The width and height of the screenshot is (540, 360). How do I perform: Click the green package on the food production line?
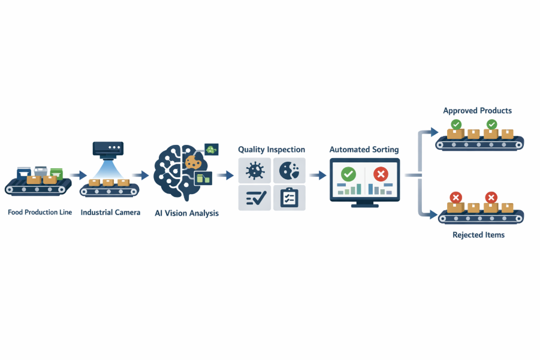point(57,172)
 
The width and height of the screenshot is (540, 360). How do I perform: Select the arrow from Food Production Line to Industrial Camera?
point(77,176)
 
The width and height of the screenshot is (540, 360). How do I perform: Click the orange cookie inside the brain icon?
point(193,162)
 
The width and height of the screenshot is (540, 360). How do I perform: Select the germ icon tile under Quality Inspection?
point(255,171)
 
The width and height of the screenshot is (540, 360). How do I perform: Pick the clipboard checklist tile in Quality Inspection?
point(289,198)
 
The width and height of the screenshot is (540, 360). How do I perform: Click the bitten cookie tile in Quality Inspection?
point(289,171)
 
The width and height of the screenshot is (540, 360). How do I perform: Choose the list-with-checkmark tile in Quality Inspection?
point(255,198)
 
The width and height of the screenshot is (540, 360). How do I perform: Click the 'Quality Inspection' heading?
point(271,149)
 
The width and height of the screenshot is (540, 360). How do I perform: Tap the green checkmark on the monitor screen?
point(348,174)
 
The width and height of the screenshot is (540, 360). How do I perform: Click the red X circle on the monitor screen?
point(381,174)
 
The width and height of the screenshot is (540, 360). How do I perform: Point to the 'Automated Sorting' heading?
point(364,149)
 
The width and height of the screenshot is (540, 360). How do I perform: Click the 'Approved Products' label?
point(477,111)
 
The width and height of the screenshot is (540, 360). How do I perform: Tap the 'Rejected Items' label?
point(478,235)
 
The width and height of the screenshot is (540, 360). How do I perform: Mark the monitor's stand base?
point(365,205)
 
